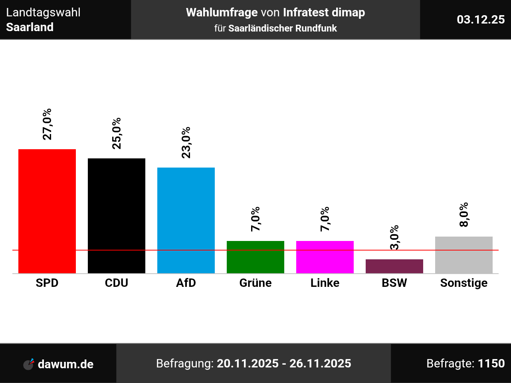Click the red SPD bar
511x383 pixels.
pyautogui.click(x=47, y=211)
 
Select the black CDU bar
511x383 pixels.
pyautogui.click(x=117, y=215)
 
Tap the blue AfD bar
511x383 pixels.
pyautogui.click(x=186, y=220)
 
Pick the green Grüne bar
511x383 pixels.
pyautogui.click(x=255, y=257)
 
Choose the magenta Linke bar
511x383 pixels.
pyautogui.click(x=325, y=257)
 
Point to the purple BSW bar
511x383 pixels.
pyautogui.click(x=394, y=266)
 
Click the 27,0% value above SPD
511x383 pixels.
pyautogui.click(x=47, y=124)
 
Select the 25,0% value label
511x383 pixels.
pyautogui.click(x=117, y=133)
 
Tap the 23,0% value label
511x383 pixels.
pyautogui.click(x=186, y=142)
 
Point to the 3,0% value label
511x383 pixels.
pyautogui.click(x=394, y=237)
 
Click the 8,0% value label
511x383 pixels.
pyautogui.click(x=464, y=215)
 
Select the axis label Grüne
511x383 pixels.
pyautogui.click(x=255, y=283)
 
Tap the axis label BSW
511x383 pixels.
pyautogui.click(x=394, y=283)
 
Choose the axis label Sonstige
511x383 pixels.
pyautogui.click(x=464, y=283)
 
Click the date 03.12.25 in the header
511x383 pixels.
pyautogui.click(x=481, y=20)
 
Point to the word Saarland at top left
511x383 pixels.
pyautogui.click(x=30, y=27)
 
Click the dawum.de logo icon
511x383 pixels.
pyautogui.click(x=29, y=364)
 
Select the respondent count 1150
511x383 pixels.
pyautogui.click(x=491, y=363)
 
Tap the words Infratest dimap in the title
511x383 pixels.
pyautogui.click(x=324, y=12)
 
